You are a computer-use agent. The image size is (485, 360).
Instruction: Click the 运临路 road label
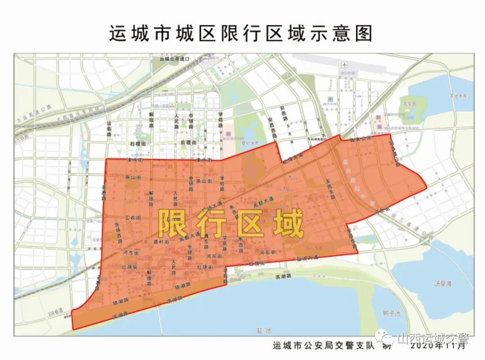tap(109, 129)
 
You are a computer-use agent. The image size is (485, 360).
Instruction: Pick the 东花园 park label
tap(408, 102)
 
